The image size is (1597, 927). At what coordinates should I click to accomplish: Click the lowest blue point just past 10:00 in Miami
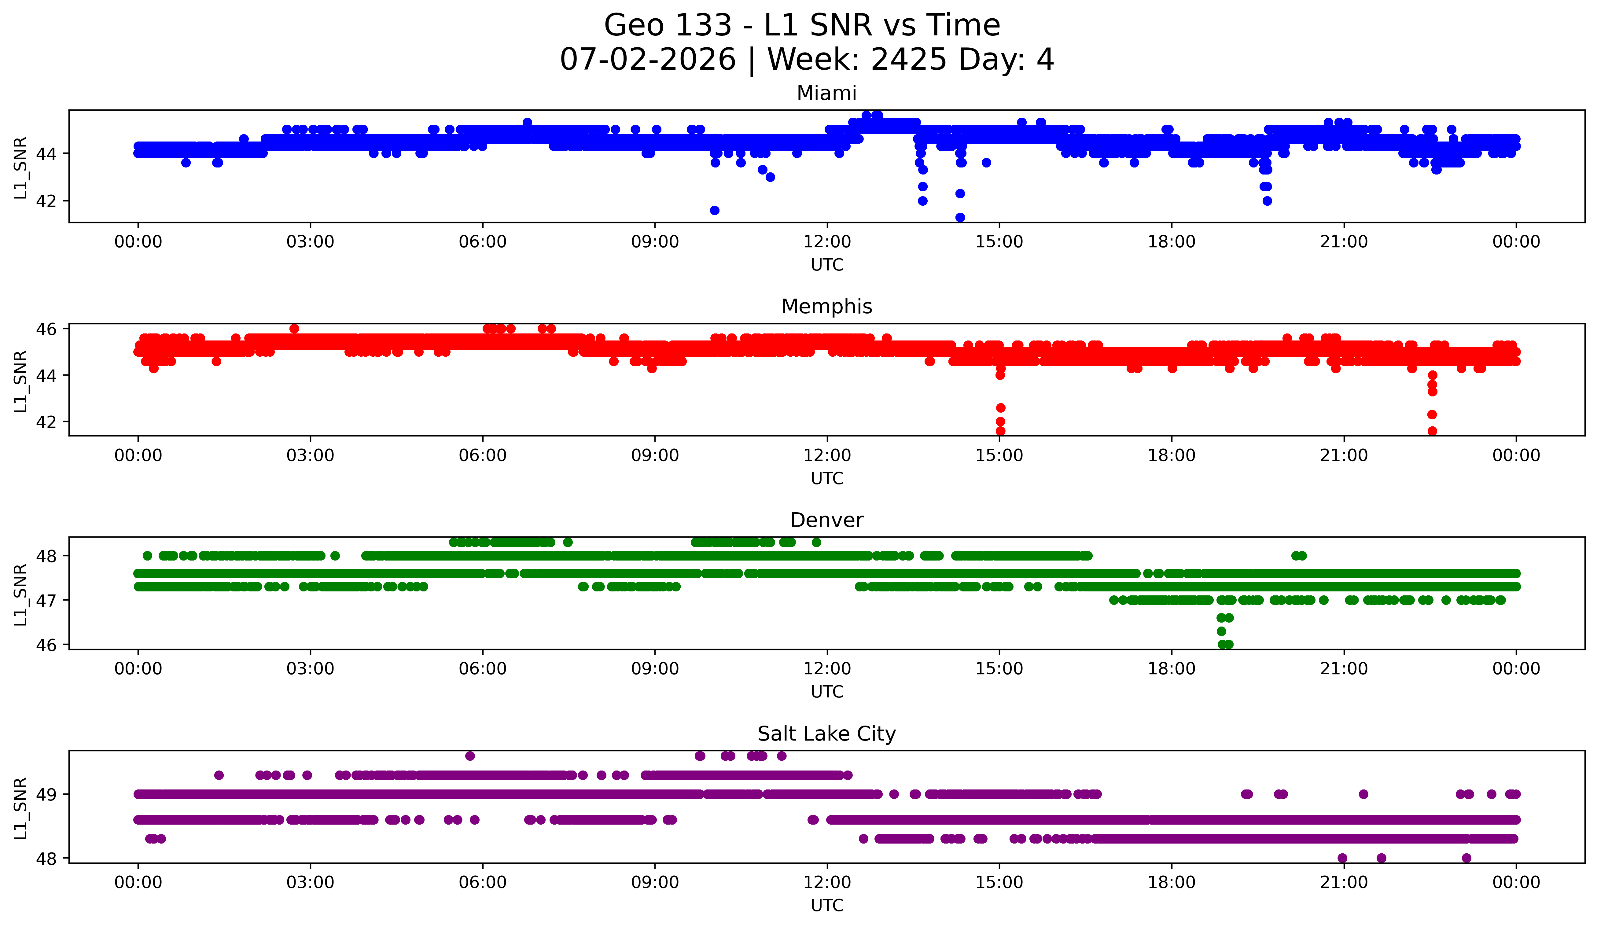click(714, 210)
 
